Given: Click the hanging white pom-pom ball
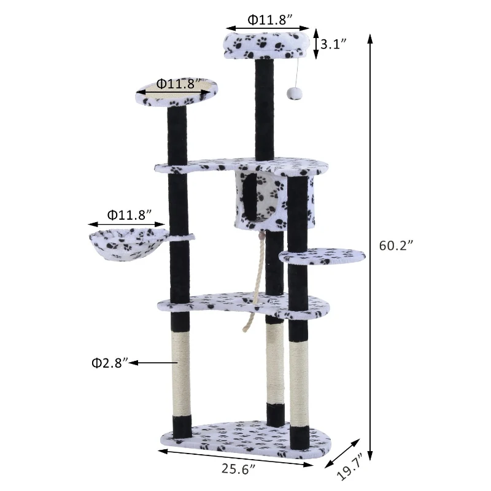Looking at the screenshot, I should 292,92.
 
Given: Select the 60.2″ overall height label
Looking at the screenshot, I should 396,245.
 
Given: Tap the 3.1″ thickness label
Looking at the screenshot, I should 334,44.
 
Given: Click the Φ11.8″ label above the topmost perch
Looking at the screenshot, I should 266,19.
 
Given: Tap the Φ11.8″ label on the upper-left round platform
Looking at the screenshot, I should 176,83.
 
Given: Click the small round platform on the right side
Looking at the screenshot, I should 320,256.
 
